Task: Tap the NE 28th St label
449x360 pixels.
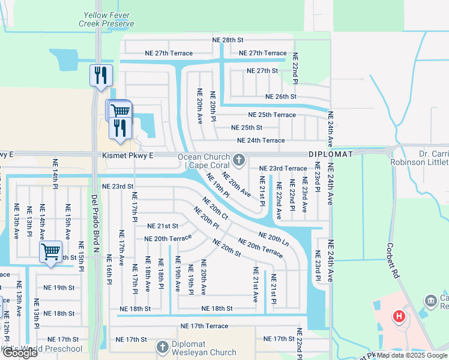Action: coord(228,40)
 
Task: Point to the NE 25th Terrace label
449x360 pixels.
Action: coord(272,115)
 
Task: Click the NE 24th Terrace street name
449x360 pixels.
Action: coord(261,140)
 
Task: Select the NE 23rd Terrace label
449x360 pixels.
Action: coord(283,169)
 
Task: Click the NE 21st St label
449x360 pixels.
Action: coord(163,226)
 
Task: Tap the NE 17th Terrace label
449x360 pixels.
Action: coord(205,326)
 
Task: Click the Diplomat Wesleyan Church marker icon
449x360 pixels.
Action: coord(162,347)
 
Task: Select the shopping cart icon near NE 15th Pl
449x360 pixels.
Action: coord(51,251)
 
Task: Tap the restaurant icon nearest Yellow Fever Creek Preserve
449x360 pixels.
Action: coord(100,76)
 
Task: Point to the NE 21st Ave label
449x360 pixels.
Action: coord(255,284)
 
